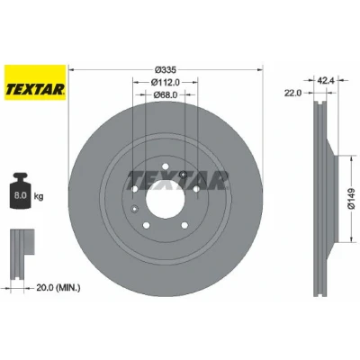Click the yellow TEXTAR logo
point(35,83)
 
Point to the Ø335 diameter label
point(165,70)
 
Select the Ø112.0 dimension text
point(166,82)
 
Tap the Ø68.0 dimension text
point(166,94)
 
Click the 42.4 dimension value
point(326,80)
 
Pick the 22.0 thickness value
point(293,94)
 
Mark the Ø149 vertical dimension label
point(351,199)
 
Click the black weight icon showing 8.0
point(21,191)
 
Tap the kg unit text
point(39,197)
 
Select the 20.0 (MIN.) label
point(58,288)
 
